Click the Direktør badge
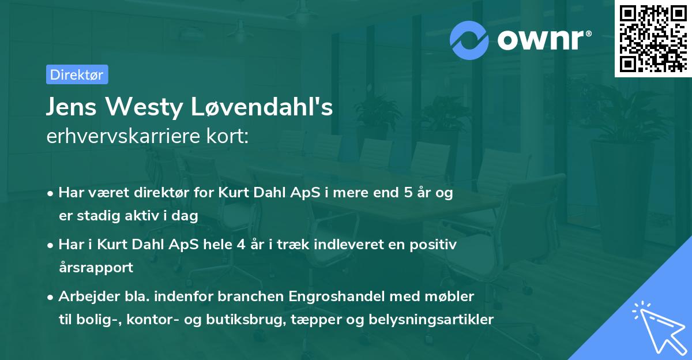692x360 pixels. [x=77, y=74]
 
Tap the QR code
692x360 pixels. [x=652, y=38]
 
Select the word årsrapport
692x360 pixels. [x=96, y=267]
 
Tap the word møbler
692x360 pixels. [x=450, y=297]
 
